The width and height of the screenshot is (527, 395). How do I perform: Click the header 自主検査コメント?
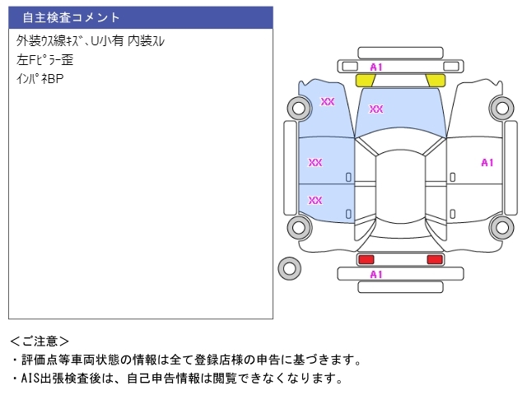coord(72,17)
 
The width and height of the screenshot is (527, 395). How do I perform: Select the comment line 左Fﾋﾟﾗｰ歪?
coord(45,60)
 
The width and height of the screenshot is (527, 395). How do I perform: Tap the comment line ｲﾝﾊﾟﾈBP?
coord(40,80)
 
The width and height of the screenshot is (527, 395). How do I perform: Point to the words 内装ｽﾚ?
coord(147,40)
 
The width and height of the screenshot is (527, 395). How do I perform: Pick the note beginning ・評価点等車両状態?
coord(186,360)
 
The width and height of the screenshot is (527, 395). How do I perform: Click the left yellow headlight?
coord(365,80)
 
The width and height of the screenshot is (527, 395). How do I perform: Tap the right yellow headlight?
coord(436,80)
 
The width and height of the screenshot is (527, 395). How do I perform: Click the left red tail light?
coord(366,259)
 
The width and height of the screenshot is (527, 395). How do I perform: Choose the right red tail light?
coord(434,259)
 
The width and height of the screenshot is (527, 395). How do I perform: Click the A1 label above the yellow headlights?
coord(376,67)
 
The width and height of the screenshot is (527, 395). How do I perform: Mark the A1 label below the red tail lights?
coord(376,274)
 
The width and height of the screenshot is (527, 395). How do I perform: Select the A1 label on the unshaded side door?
coord(487,162)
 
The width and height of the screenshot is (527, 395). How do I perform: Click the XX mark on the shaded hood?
coord(376,109)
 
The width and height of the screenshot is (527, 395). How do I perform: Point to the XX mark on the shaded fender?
coord(328,101)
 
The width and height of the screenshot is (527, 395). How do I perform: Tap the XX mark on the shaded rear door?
coord(315,200)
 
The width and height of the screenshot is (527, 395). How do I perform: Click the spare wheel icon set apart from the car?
coord(289,267)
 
